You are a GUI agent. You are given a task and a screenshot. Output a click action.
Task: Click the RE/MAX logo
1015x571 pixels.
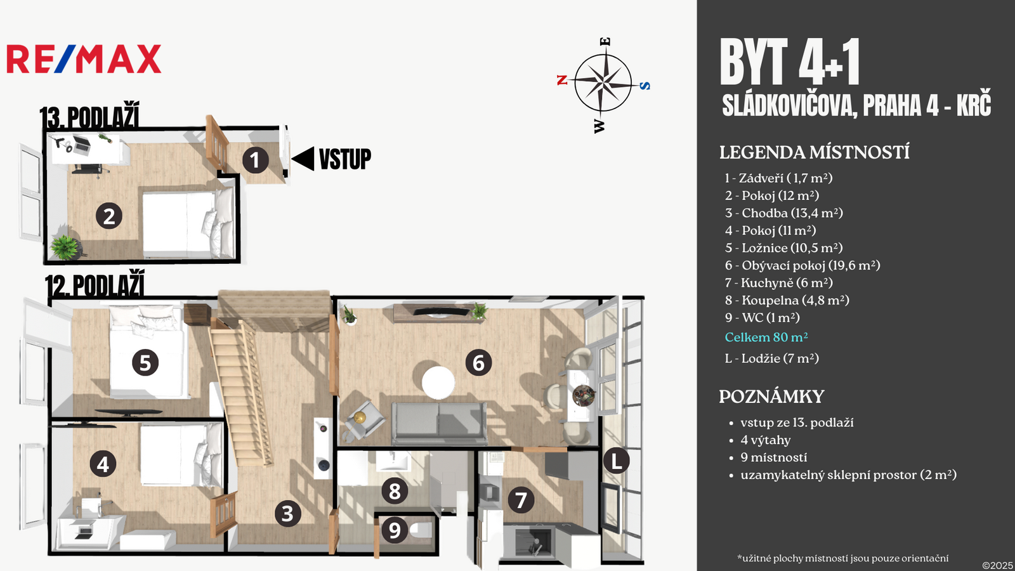click(84, 59)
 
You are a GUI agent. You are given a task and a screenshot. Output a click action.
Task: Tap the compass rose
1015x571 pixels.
click(603, 83)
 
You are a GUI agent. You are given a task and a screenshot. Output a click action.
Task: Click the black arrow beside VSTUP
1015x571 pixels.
click(303, 159)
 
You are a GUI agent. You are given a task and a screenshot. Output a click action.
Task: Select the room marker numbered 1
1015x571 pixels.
click(255, 160)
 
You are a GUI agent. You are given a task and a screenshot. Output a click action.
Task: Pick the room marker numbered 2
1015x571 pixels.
click(109, 216)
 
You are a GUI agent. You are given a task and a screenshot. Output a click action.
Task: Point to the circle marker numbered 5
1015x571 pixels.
click(145, 363)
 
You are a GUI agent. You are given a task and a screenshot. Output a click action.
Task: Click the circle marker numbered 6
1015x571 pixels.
click(478, 363)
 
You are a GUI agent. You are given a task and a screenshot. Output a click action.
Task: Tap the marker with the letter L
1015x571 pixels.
click(616, 461)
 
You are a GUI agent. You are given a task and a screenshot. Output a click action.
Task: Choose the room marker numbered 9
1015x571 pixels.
click(395, 529)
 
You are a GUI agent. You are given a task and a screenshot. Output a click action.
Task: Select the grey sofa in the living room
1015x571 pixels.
click(440, 422)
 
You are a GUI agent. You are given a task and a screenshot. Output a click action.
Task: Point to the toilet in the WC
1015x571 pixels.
click(421, 530)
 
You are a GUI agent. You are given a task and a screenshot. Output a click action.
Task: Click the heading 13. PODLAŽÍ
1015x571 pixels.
click(89, 117)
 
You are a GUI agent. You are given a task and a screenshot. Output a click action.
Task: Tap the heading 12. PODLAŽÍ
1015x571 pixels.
click(95, 285)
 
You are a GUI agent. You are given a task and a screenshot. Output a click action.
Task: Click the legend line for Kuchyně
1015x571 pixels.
click(778, 283)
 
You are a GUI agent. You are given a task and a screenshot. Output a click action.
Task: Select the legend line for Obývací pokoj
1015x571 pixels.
click(802, 265)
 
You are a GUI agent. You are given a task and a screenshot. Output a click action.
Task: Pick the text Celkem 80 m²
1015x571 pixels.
click(766, 338)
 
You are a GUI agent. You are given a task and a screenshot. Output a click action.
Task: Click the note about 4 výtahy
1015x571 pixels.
click(765, 440)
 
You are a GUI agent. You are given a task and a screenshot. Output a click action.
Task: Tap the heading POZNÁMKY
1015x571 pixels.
click(771, 397)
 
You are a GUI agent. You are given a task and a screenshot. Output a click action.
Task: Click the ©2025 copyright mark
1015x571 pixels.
click(997, 565)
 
